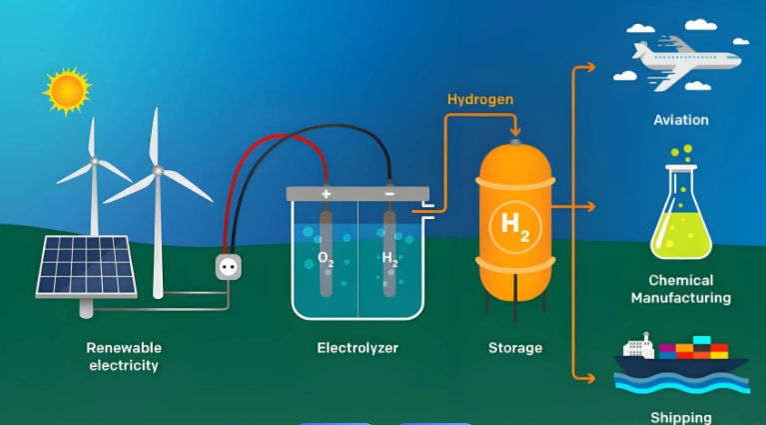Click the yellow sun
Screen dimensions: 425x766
[68, 90]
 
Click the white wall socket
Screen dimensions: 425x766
[228, 265]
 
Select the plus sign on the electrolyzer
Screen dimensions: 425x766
[326, 193]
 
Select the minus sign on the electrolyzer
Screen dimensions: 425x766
[388, 193]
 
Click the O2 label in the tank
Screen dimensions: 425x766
[326, 258]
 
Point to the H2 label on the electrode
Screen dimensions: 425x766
[389, 258]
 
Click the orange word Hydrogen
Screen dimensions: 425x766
[480, 99]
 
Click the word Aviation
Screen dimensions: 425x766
[681, 120]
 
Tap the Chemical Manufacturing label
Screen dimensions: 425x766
[689, 289]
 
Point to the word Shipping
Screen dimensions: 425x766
[681, 417]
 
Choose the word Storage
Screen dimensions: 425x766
[515, 348]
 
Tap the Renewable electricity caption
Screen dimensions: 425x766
[124, 356]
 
